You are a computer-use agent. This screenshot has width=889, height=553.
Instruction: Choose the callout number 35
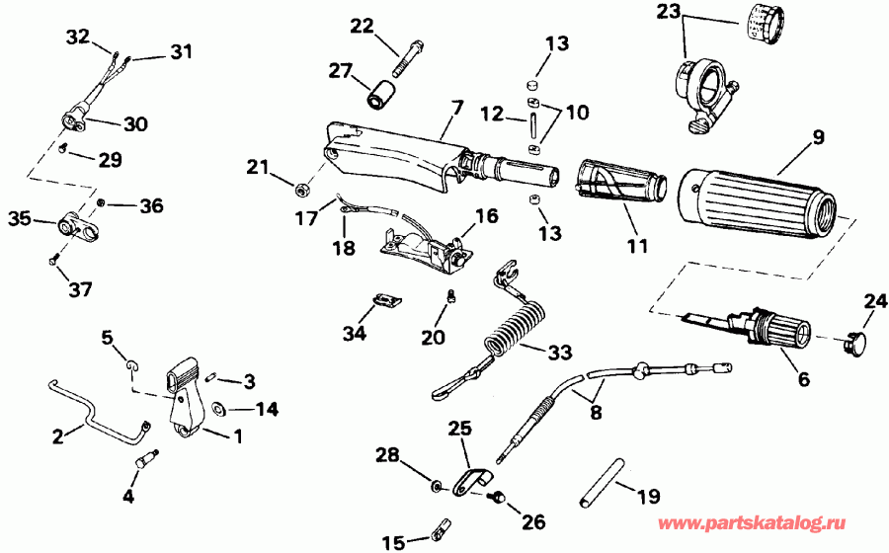tap(18, 217)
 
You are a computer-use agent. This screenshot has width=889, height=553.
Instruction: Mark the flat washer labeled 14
tap(216, 407)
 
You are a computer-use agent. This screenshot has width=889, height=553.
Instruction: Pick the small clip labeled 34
tap(384, 299)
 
